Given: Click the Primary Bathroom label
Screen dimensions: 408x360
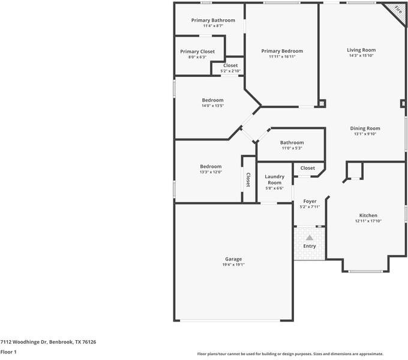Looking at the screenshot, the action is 213,20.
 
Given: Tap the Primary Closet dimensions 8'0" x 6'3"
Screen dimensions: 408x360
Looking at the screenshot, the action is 197,57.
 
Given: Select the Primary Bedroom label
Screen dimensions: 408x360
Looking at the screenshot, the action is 282,51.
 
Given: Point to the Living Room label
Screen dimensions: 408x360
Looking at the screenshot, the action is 361,50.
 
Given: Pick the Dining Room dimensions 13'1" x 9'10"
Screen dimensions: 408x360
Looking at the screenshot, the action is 365,134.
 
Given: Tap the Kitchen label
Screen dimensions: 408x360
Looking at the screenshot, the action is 368,215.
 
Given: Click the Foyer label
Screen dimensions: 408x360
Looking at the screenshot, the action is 310,202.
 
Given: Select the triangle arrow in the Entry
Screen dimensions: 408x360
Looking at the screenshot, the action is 310,238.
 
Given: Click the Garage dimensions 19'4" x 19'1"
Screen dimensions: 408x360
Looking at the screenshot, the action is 233,265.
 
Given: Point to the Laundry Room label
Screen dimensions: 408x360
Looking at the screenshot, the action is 275,179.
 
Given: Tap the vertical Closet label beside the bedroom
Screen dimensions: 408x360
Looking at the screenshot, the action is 248,180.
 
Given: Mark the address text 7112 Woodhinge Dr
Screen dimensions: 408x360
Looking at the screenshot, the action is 23,342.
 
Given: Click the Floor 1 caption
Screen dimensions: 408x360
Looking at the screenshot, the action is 8,352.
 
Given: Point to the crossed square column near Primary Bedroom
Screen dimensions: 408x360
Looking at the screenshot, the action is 322,103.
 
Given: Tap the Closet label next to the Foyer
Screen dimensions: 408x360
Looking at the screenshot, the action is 308,168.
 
